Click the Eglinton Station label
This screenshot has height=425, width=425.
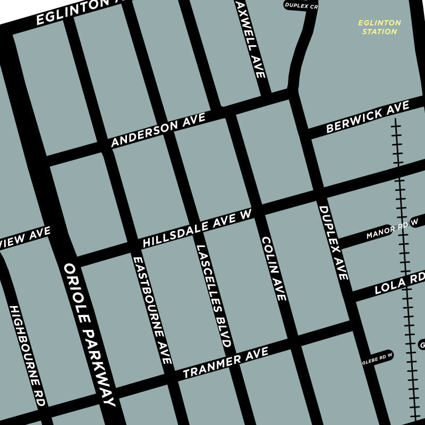pos(379,27)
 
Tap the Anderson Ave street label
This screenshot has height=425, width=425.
pos(158,131)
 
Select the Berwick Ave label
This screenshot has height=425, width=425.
pos(368,117)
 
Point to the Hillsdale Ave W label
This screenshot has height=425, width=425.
pos(197,228)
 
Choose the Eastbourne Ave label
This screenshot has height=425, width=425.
pos(152,310)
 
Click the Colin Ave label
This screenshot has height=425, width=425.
pos(275,268)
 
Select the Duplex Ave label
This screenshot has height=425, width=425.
pos(334,242)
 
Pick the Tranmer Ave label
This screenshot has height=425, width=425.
pos(225,362)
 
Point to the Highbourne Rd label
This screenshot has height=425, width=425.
pos(27,356)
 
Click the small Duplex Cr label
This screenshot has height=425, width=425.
pos(301,6)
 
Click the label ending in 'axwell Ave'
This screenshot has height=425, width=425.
pos(254,45)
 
